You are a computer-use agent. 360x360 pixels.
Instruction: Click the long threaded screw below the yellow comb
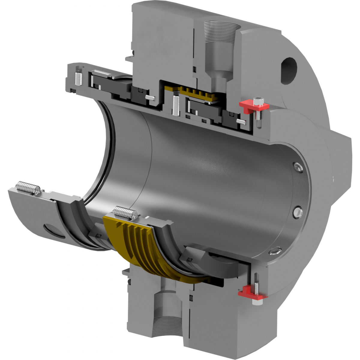[x=176, y=105]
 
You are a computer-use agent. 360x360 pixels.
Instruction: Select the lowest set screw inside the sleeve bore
[x=275, y=250]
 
